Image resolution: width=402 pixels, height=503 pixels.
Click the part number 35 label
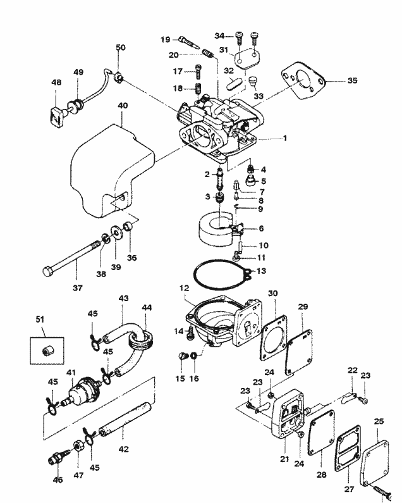pos(352,80)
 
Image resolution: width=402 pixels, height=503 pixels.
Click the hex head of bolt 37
pos(47,271)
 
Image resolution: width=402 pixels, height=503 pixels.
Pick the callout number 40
pos(123,106)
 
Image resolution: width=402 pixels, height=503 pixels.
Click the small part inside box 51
pos(47,351)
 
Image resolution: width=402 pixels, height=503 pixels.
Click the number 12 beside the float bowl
pos(185,288)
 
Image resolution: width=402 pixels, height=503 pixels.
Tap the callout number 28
pos(321,475)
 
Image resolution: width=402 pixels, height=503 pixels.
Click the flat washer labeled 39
pos(116,232)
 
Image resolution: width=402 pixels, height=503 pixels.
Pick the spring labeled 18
pos(198,88)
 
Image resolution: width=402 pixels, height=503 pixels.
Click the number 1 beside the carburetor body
pos(284,139)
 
